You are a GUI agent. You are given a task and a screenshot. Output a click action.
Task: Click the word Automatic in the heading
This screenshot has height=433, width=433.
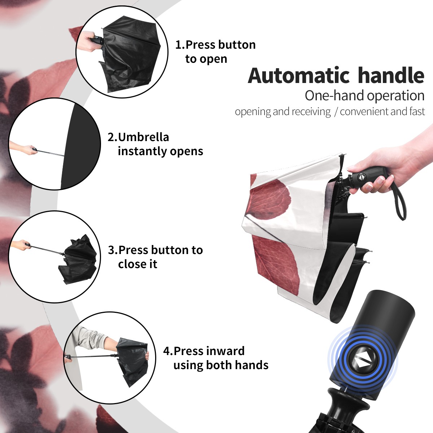(x=299, y=76)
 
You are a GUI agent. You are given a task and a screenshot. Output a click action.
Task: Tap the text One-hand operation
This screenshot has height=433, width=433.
(x=364, y=96)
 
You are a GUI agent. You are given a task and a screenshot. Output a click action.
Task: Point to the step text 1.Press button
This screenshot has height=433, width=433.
(x=215, y=44)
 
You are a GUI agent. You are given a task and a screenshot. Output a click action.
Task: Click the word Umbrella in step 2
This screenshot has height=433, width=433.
(x=143, y=137)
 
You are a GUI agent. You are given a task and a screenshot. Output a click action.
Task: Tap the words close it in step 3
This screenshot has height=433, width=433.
(x=137, y=264)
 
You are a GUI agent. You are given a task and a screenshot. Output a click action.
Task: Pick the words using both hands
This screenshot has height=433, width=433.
(x=221, y=366)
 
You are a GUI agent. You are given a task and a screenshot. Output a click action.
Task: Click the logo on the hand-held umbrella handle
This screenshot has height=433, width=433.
(x=361, y=177)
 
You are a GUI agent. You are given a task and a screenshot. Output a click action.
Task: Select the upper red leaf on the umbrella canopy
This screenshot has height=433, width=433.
(x=270, y=197)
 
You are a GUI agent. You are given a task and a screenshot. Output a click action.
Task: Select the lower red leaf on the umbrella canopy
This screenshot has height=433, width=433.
(x=276, y=265)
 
